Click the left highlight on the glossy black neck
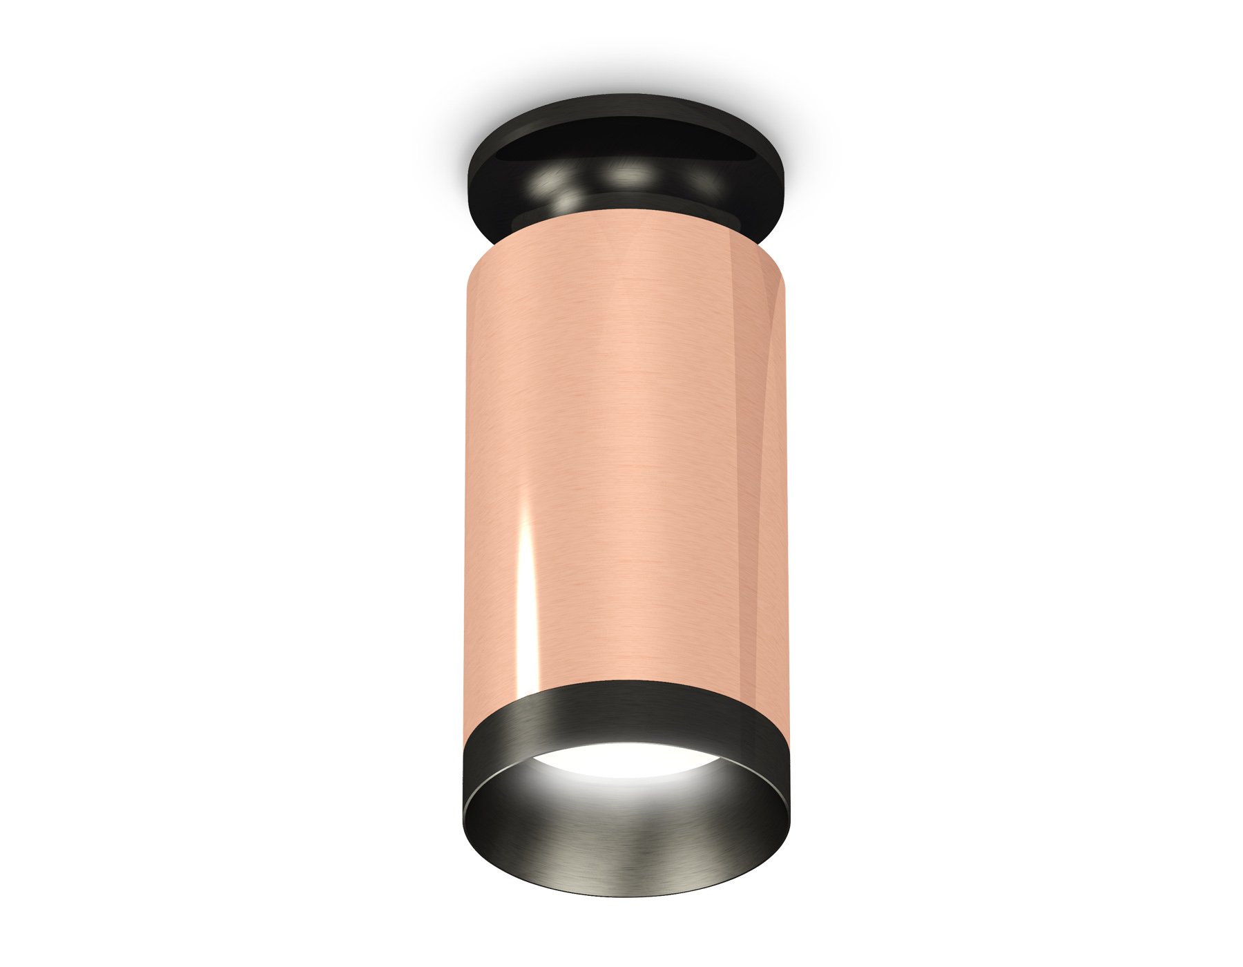pyautogui.click(x=552, y=181)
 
